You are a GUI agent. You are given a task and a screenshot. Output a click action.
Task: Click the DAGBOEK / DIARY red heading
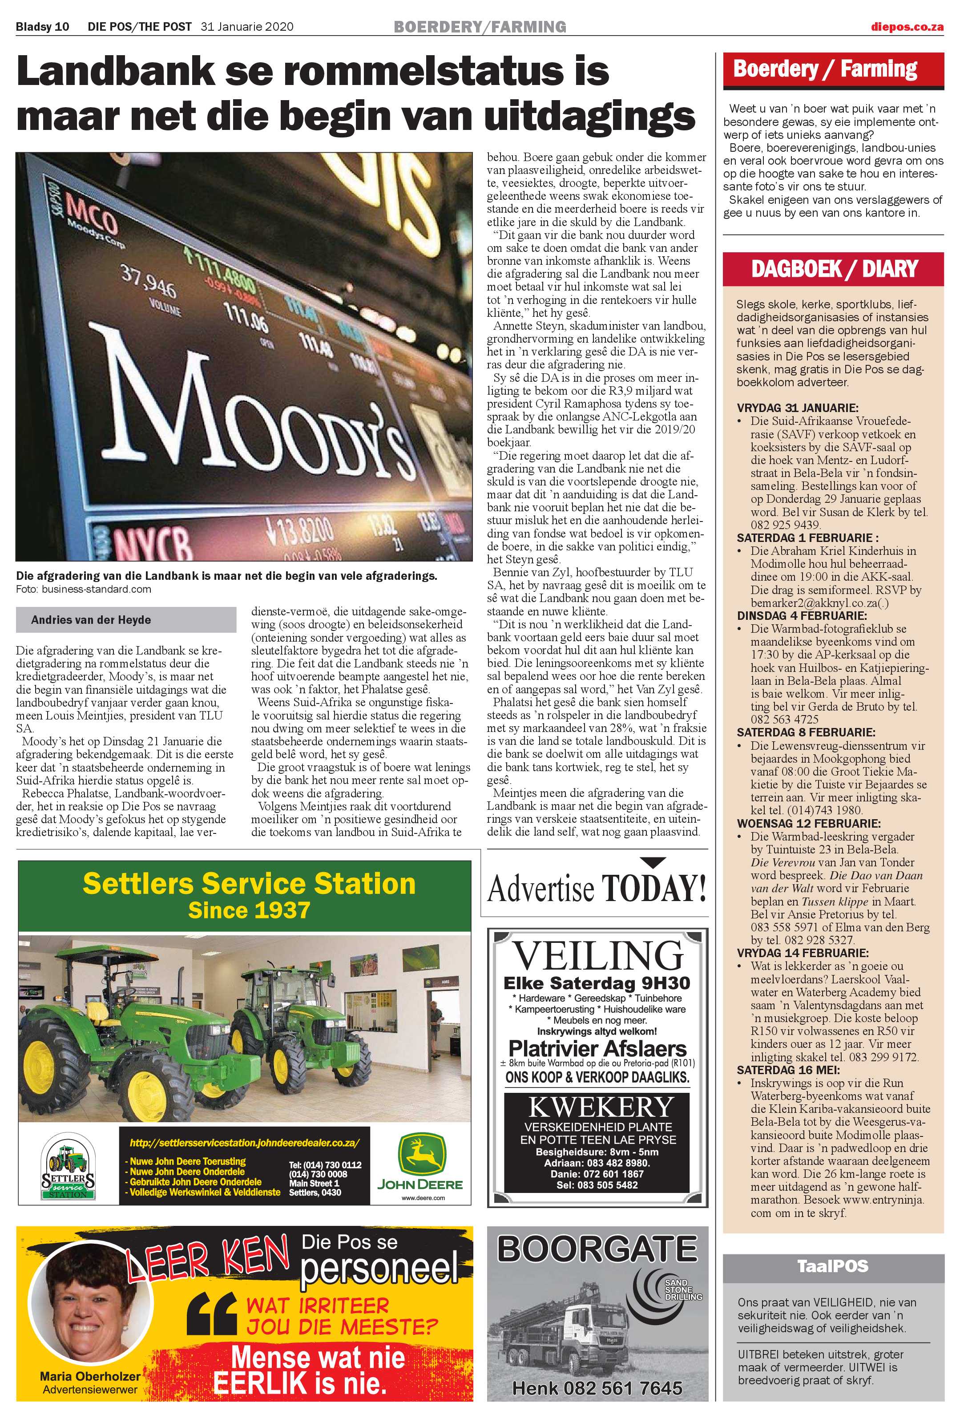[834, 269]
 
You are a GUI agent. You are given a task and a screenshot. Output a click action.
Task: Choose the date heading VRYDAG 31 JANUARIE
[797, 408]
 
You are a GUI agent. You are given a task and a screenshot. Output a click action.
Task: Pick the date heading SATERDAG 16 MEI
[788, 1070]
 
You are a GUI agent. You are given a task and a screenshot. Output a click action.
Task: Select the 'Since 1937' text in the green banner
[249, 910]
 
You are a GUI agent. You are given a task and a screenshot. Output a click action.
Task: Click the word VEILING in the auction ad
[597, 956]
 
